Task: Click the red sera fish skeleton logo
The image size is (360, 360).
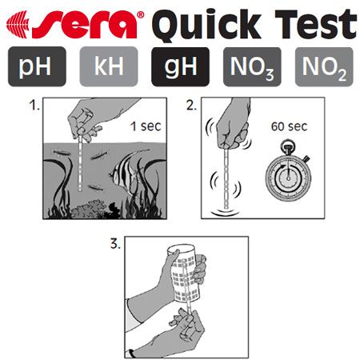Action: pos(18,25)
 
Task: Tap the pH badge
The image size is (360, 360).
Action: pos(37,66)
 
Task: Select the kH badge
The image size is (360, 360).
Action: pos(109,66)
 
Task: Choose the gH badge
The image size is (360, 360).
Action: pos(180,66)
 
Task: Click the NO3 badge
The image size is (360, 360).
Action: pos(252,66)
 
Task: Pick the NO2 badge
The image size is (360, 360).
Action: pos(324,66)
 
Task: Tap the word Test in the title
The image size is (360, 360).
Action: pos(316,24)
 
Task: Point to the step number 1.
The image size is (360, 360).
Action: pos(34,105)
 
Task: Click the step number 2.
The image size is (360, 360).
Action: pos(191,105)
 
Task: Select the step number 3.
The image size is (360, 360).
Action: pos(115,244)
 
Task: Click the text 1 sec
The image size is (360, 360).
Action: pos(146,126)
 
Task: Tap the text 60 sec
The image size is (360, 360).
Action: pos(289,126)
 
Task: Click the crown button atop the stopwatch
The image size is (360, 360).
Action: pos(288,146)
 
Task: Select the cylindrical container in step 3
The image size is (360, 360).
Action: pos(184,274)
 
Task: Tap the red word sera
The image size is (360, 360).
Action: pos(86,25)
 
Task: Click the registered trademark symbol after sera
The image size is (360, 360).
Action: pos(141,15)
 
